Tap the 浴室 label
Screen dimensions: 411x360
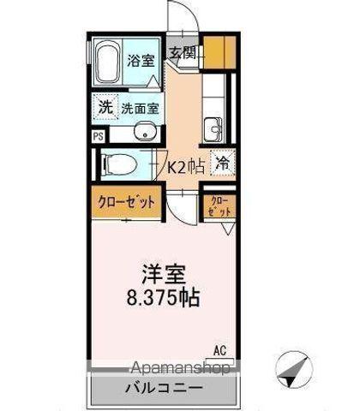141,62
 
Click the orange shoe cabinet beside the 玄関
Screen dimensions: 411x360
220,53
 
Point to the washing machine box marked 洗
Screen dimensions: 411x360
104,108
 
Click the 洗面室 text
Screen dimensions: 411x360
139,109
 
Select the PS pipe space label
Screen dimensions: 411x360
97,136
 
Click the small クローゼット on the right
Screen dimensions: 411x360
219,205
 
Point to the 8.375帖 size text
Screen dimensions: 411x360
163,301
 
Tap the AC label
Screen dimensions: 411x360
220,349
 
